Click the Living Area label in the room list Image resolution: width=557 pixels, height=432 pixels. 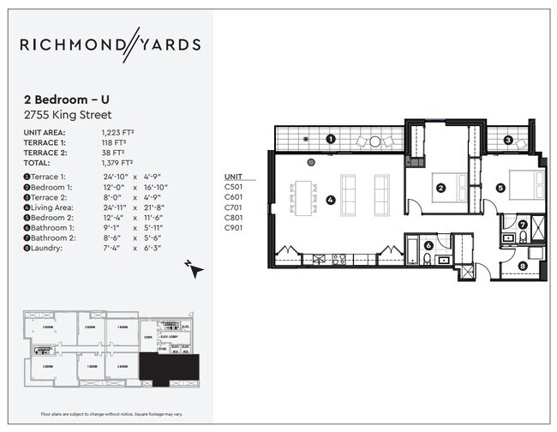51,207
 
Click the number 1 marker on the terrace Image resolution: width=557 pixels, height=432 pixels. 331,139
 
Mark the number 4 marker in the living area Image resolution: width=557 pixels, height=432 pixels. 329,202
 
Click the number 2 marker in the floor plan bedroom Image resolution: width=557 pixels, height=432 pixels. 441,188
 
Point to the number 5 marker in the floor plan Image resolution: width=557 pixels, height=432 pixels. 500,187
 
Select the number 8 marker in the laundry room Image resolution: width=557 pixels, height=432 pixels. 524,266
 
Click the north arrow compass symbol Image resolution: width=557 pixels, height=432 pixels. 195,268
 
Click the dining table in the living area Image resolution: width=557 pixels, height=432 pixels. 304,196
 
